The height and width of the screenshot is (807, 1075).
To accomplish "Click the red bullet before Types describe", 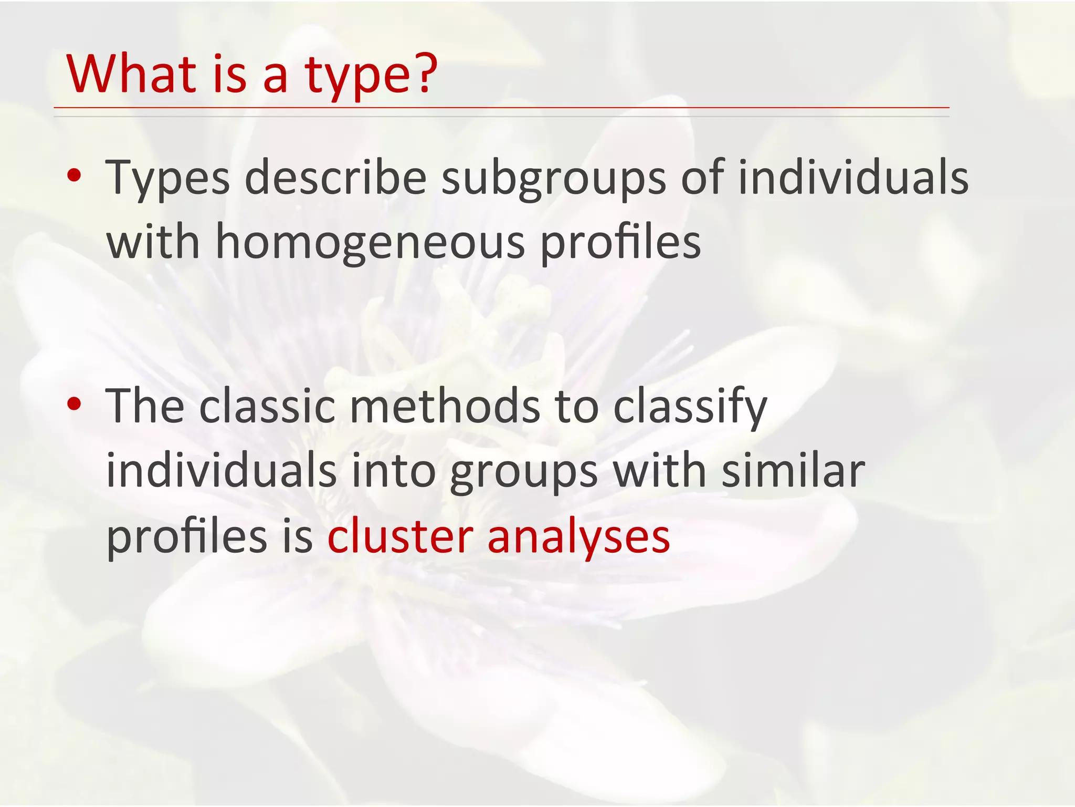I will [x=75, y=176].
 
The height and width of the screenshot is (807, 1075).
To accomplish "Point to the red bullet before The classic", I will [x=75, y=403].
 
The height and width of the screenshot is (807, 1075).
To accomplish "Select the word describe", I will [x=335, y=177].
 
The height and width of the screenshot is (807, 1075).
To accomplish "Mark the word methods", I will [x=445, y=406].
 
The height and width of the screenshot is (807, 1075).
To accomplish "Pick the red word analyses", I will [x=578, y=537].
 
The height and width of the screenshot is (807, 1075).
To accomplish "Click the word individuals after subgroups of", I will [x=853, y=177].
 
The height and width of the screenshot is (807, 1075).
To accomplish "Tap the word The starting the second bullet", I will [x=145, y=406].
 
